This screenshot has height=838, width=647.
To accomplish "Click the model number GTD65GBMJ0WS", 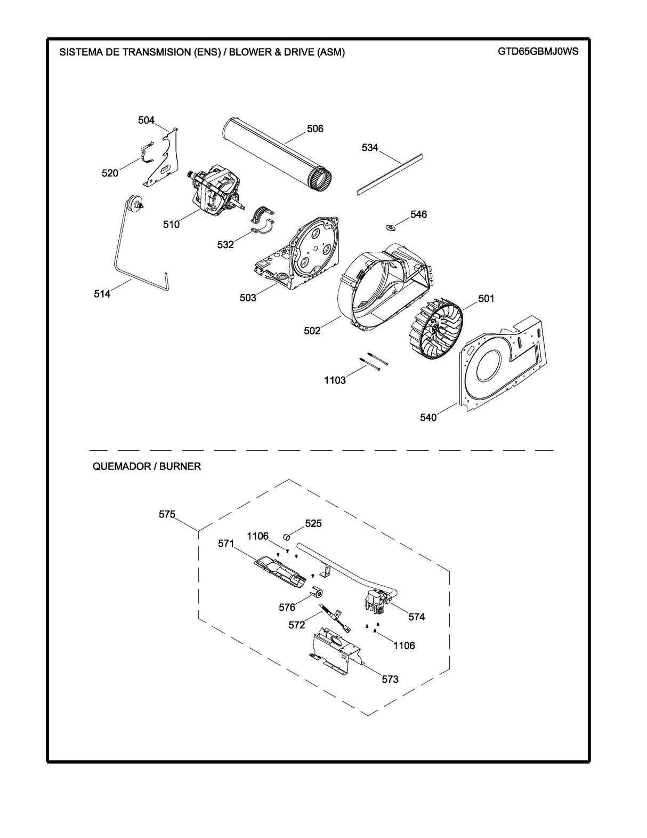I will click(537, 52).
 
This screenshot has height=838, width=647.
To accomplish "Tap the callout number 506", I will click(315, 129).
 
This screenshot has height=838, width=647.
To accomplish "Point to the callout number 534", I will click(370, 148).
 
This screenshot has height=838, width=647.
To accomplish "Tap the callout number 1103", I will click(335, 380).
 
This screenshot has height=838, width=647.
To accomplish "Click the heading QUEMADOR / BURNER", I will click(147, 466).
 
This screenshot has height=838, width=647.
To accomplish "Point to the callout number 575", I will click(167, 514).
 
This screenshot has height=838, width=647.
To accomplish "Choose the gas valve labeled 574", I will click(376, 602).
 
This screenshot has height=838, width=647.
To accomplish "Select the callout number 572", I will click(296, 625).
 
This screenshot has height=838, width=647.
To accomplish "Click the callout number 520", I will click(110, 173).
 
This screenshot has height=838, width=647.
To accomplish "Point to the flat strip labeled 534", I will click(390, 173).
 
